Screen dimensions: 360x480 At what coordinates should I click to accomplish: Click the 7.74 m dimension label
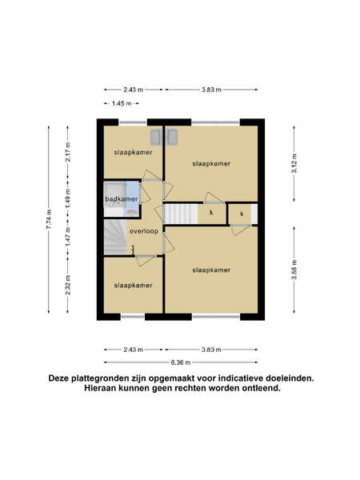[x=49, y=219]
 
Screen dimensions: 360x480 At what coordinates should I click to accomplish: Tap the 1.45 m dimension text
[x=122, y=103]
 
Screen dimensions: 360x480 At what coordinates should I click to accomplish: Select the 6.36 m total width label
[x=181, y=362]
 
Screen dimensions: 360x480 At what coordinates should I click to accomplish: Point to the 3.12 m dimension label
[x=294, y=163]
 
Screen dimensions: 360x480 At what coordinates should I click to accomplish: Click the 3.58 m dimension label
[x=294, y=270]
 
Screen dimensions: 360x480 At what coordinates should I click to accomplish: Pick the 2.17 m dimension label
[x=68, y=152]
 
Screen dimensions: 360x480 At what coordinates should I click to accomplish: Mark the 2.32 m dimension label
[x=68, y=285]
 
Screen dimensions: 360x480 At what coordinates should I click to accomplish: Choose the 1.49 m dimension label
[x=68, y=198]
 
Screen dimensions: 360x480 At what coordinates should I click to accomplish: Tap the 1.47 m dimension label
[x=68, y=237]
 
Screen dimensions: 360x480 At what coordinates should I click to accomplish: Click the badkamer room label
[x=122, y=199]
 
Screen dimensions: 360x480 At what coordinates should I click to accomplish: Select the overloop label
[x=144, y=231]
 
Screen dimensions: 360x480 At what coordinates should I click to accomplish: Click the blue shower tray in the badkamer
[x=133, y=199]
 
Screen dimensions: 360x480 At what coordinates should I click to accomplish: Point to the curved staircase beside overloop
[x=115, y=237]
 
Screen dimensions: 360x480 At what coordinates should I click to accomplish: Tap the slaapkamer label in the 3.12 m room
[x=211, y=163]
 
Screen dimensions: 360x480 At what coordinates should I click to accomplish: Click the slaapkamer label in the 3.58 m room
[x=211, y=270]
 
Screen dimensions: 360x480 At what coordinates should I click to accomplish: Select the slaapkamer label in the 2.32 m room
[x=133, y=286]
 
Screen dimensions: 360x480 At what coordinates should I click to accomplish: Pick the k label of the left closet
[x=211, y=213]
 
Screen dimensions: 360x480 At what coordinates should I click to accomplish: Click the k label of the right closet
[x=242, y=214]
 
